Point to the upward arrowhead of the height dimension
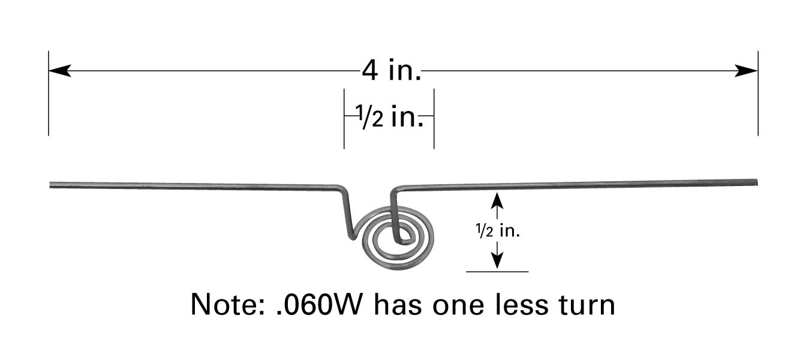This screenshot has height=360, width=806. coord(496,199)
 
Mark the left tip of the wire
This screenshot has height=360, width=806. coord(51,185)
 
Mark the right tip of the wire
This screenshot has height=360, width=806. coord(756,181)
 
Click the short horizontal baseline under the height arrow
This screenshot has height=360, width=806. coord(497,272)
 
